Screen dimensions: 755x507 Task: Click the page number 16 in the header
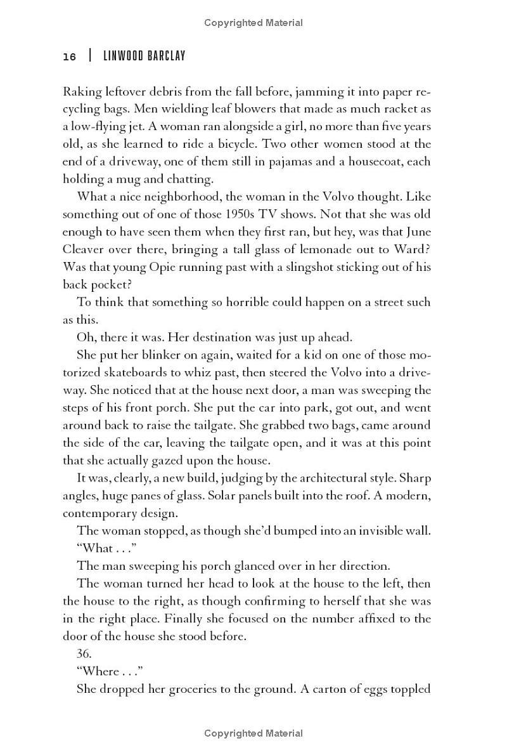(69, 57)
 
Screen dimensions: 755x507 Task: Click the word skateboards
(147, 372)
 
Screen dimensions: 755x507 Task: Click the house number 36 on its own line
(84, 653)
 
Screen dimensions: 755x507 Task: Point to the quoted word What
(95, 548)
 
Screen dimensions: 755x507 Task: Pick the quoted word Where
(100, 671)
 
